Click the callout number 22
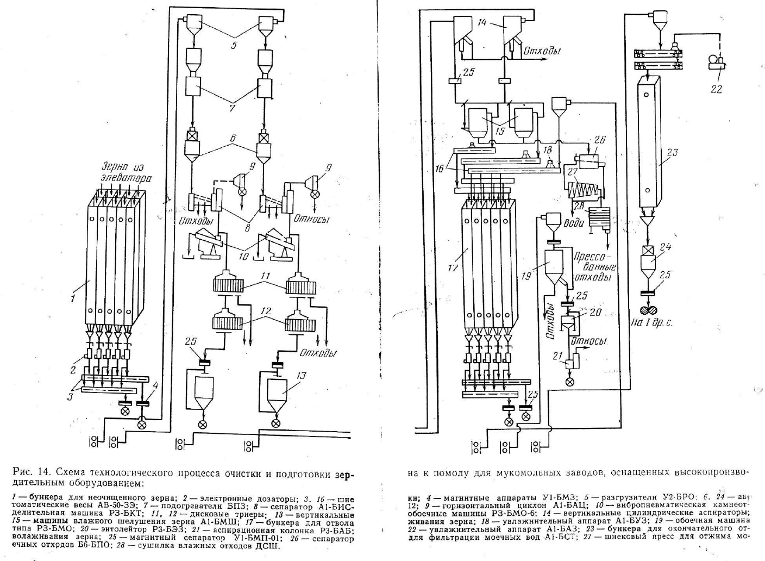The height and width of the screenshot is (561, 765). coord(716,89)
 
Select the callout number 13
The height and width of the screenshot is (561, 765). coord(302,375)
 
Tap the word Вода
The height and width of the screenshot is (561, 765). coord(574,223)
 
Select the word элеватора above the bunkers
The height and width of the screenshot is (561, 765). coord(126,177)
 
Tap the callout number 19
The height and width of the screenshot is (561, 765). coord(525,276)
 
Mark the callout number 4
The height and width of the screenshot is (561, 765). coord(155,387)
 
